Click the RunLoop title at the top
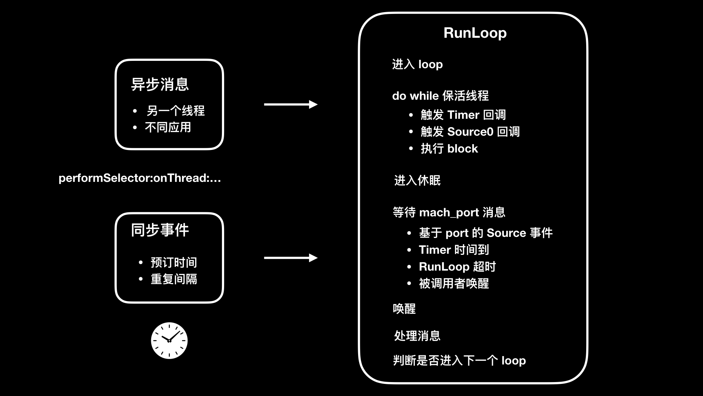475,33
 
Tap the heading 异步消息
160,84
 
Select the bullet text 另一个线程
175,110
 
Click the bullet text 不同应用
168,127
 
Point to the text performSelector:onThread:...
140,178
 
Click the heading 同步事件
160,230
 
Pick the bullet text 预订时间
174,262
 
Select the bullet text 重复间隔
174,279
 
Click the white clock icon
169,341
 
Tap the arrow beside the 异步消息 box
290,104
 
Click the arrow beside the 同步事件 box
290,258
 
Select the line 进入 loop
417,65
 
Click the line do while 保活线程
440,96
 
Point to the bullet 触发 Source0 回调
470,132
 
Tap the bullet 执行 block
449,148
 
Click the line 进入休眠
417,180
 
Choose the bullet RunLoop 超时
457,267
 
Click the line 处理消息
417,336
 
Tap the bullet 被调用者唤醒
454,283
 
